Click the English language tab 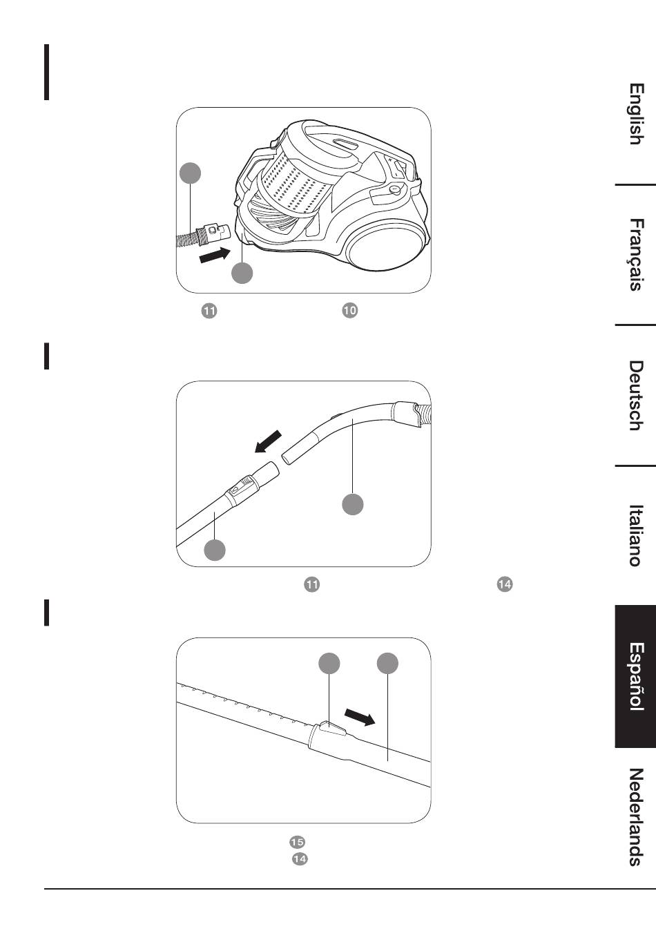click(636, 114)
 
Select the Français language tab click(636, 254)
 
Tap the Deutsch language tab click(636, 395)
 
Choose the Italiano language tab click(636, 535)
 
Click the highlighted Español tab click(636, 676)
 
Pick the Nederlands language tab click(636, 817)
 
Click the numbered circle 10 click(350, 311)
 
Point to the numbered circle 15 click(297, 842)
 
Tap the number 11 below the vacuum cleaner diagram click(209, 311)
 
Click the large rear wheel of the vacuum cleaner click(387, 246)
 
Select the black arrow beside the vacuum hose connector click(215, 254)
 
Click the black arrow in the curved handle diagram click(268, 441)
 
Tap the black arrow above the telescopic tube click(360, 718)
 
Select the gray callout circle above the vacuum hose click(191, 173)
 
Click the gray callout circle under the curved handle click(353, 505)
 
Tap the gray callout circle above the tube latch click(329, 663)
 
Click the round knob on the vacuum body click(396, 190)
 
